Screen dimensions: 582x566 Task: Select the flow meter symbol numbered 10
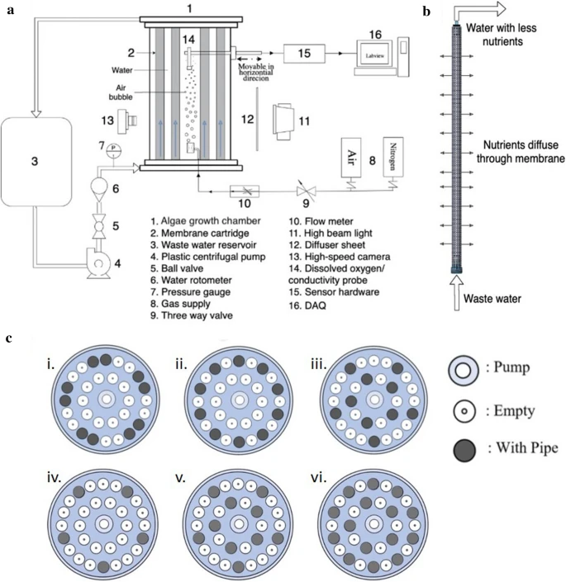click(x=245, y=190)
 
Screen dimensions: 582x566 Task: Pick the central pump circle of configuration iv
click(x=104, y=523)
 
